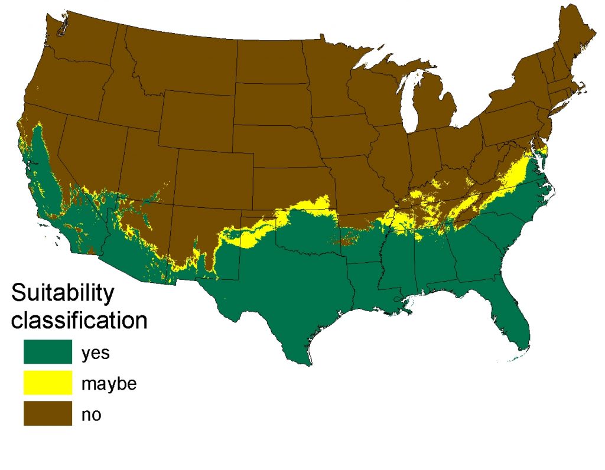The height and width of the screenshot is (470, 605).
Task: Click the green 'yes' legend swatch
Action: [47, 352]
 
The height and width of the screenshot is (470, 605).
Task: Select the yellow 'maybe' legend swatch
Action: [47, 383]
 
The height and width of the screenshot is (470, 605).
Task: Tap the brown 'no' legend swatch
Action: [47, 413]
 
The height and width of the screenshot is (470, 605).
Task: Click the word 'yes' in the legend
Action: [95, 354]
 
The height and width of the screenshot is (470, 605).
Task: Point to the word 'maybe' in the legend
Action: [109, 384]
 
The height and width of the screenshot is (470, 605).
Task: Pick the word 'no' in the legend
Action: [91, 415]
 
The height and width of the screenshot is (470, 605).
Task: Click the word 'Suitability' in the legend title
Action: [63, 293]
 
